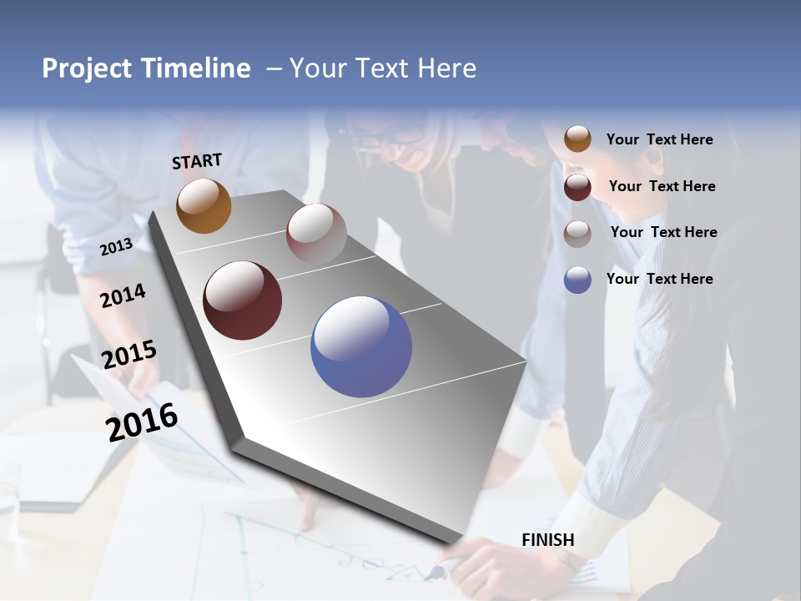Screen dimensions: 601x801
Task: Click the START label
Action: pyautogui.click(x=197, y=161)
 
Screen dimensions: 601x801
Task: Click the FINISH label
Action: pyautogui.click(x=548, y=540)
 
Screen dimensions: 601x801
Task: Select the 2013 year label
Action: pyautogui.click(x=116, y=247)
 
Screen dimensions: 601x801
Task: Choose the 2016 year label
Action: pyautogui.click(x=142, y=422)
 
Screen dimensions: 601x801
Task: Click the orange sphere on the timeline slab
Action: pyautogui.click(x=204, y=205)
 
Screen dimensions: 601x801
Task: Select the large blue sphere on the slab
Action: pyautogui.click(x=360, y=346)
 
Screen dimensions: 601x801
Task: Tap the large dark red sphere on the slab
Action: pyautogui.click(x=242, y=300)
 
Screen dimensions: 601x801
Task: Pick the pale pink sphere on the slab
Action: pyautogui.click(x=316, y=233)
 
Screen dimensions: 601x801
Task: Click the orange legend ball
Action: pyautogui.click(x=577, y=139)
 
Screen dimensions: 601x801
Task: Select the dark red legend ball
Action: pyautogui.click(x=577, y=187)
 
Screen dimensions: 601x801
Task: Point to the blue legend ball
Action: pyautogui.click(x=577, y=280)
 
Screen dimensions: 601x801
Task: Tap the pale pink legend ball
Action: pyautogui.click(x=577, y=234)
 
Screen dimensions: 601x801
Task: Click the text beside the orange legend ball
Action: pyautogui.click(x=659, y=139)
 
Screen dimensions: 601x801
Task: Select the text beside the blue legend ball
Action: pyautogui.click(x=659, y=279)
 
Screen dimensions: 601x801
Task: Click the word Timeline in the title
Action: pyautogui.click(x=194, y=68)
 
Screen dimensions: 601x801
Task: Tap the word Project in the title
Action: pyautogui.click(x=88, y=68)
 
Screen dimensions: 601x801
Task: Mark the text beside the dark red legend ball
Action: pyautogui.click(x=662, y=186)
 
